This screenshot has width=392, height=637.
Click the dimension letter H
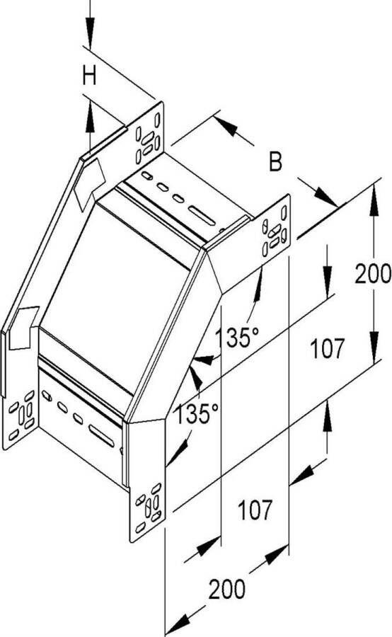89,76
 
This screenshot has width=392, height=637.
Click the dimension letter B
275,161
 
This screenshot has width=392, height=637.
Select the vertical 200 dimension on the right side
372,273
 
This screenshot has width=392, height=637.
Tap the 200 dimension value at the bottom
226,589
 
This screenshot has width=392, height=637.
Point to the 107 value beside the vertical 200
327,348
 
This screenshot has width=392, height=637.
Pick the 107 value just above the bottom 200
255,510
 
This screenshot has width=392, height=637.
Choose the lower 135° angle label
197,413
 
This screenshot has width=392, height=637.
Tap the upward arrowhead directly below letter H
90,116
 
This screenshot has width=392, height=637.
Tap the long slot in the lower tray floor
102,436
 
